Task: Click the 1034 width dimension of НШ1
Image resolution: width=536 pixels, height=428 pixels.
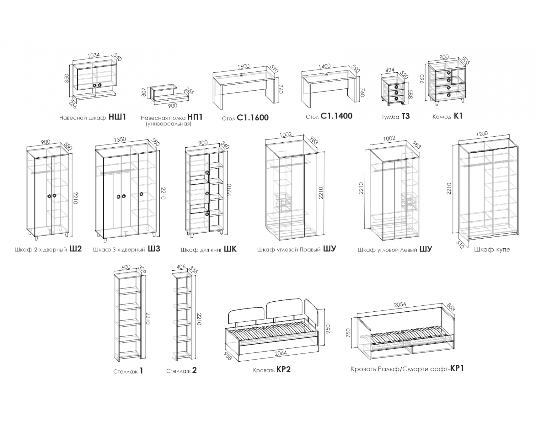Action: pos(94,55)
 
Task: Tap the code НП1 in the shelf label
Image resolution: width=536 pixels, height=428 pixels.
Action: pos(195,117)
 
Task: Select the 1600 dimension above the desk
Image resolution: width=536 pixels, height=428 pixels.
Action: pos(243,67)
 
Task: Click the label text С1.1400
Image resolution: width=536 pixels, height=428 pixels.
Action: pos(337,116)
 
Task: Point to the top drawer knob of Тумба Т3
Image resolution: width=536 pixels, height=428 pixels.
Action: pos(396,87)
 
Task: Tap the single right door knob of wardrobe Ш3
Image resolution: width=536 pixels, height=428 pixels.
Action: pos(142,194)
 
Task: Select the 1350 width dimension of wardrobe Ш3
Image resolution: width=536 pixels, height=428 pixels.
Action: pos(120,139)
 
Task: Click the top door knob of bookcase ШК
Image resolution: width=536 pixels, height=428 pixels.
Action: pos(207,172)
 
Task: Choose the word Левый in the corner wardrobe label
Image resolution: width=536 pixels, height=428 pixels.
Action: pos(408,249)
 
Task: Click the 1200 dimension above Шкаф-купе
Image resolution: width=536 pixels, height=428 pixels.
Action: pos(482,133)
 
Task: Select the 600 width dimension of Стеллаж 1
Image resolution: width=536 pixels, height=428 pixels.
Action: pos(126,267)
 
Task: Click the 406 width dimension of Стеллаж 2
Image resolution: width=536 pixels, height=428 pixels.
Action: pos(181,267)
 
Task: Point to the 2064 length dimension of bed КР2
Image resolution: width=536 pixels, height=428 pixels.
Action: pos(281,353)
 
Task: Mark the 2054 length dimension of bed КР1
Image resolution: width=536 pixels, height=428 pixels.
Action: pos(400,304)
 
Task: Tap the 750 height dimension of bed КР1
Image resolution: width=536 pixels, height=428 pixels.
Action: pos(348,332)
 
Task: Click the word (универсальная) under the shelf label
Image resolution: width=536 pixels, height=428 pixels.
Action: pos(169,124)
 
